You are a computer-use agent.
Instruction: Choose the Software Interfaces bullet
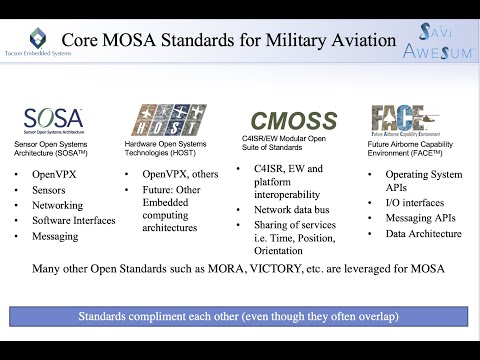pos(74,220)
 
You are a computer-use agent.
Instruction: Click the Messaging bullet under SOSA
pos(59,237)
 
